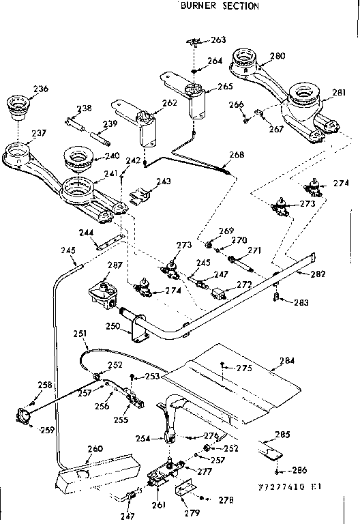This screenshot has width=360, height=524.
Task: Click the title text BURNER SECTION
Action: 219,6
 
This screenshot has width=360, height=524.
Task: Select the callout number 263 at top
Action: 217,40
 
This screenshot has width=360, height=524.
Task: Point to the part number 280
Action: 277,56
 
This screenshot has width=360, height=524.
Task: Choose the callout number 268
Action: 237,155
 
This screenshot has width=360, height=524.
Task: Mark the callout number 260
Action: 95,448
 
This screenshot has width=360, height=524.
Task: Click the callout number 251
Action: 80,334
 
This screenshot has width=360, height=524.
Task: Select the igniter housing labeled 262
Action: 146,128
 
